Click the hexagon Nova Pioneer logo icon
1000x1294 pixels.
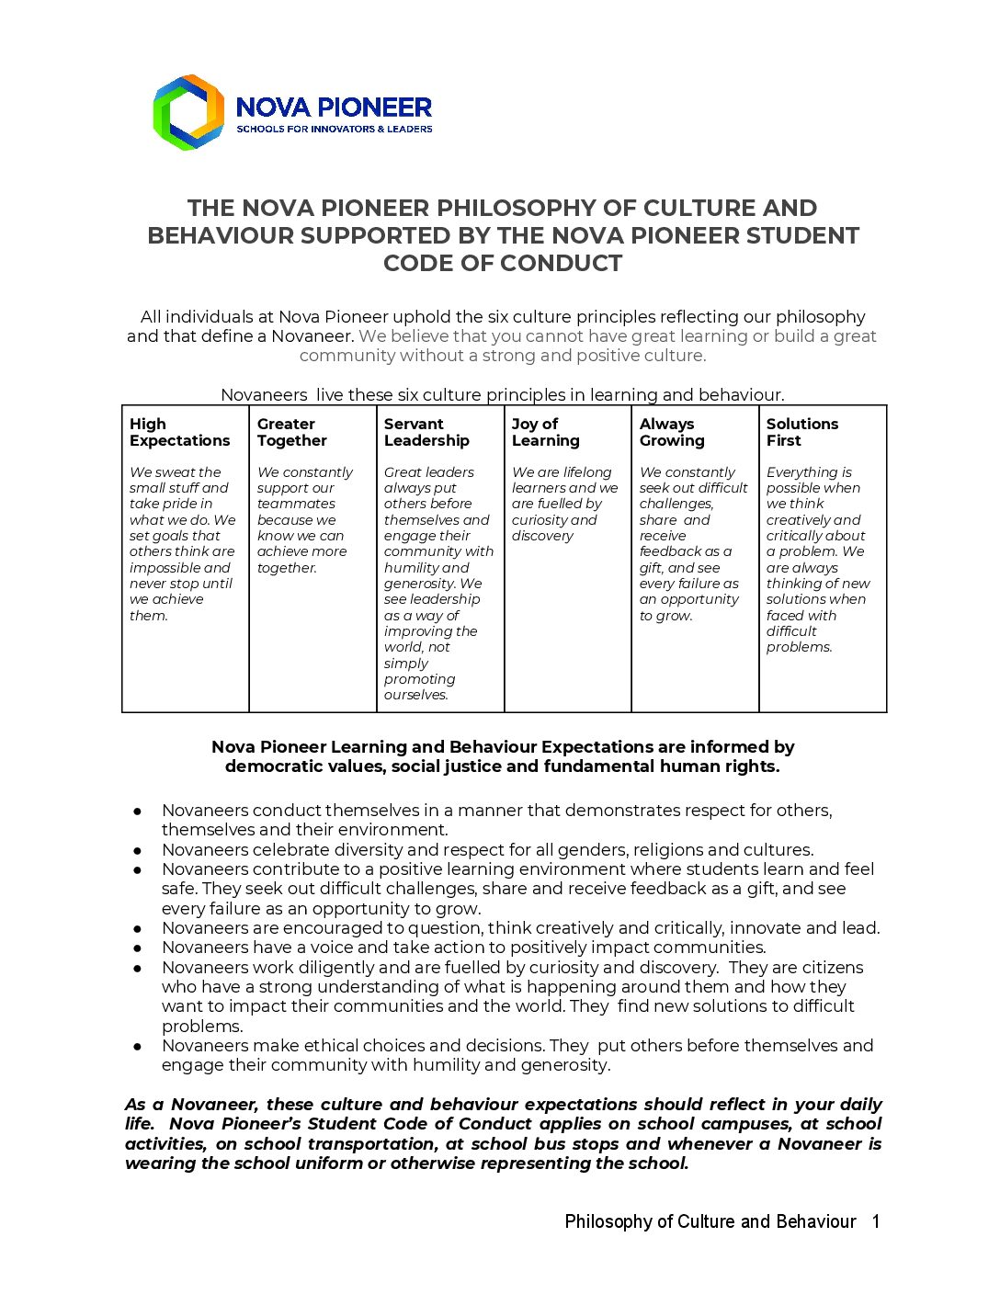tap(188, 112)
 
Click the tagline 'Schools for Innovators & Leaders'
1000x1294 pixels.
tap(334, 130)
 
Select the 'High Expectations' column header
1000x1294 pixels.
tap(179, 433)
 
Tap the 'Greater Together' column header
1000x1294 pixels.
tap(291, 433)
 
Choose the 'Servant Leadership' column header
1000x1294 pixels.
tap(426, 433)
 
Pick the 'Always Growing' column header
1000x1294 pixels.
tap(672, 433)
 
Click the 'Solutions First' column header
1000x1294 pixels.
tap(801, 433)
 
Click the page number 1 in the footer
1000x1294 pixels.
tap(876, 1221)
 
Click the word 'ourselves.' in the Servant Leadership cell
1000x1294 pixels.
tap(416, 696)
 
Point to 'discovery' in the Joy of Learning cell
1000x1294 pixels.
tap(542, 537)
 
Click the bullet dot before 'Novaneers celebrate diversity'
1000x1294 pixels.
tap(137, 850)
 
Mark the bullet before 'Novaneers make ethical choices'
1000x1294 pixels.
tap(137, 1046)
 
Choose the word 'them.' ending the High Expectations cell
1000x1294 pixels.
tap(149, 616)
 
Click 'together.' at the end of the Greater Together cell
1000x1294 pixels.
tap(287, 568)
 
